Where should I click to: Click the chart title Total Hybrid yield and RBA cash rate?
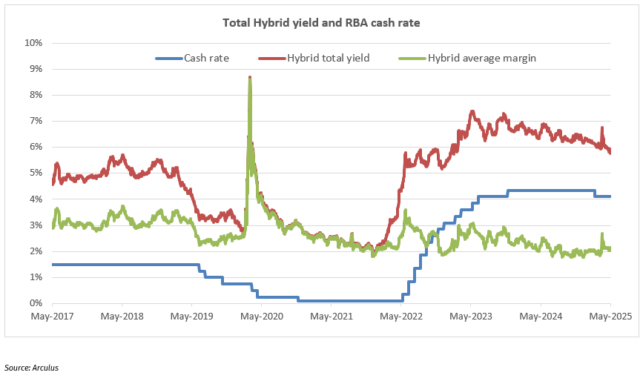coord(322,23)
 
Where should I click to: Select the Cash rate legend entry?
coord(206,57)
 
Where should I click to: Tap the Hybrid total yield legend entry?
coord(328,57)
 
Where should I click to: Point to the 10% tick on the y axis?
coord(34,43)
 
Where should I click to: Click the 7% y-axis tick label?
coord(36,121)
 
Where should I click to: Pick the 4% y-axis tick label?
coord(36,199)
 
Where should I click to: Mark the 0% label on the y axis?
coord(36,303)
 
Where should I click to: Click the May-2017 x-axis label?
coord(53,317)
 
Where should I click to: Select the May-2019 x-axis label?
coord(192,317)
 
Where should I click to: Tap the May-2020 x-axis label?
coord(262,317)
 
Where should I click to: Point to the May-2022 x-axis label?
coord(401,317)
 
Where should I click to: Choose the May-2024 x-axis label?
coord(541,317)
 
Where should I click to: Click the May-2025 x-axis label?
coord(610,317)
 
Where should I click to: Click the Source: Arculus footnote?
coord(31,367)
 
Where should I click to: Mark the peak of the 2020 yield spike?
coord(250,77)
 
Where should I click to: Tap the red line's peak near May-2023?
coord(472,112)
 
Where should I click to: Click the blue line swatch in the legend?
coord(168,57)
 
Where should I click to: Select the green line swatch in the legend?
coord(412,57)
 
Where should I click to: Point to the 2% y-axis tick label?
coord(36,251)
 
